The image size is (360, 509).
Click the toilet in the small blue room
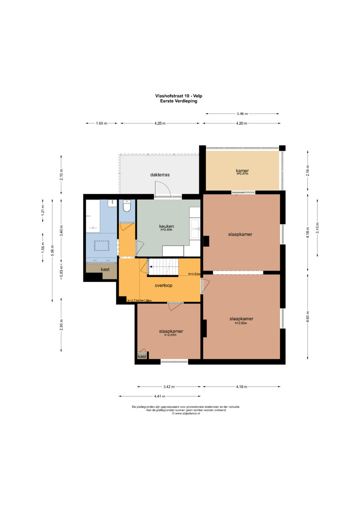[x=127, y=206]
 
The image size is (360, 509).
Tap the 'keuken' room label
[x=166, y=226]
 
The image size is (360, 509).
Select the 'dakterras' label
[x=160, y=175]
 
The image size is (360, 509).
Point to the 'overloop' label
[x=163, y=285]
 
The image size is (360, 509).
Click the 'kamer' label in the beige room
[x=242, y=170]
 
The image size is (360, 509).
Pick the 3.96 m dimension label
[x=242, y=114]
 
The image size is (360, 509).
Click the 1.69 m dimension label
[x=101, y=123]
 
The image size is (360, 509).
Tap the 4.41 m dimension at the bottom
[x=160, y=396]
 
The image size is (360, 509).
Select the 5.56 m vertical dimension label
[x=52, y=250]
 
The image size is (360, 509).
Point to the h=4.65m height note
[x=194, y=274]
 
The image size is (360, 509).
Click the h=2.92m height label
[x=241, y=323]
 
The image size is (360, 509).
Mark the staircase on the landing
[x=163, y=267]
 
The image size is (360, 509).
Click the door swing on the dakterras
[x=163, y=188]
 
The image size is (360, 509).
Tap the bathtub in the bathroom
[x=93, y=216]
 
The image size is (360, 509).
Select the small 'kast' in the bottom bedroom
[x=142, y=356]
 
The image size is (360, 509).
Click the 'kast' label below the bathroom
[x=105, y=269]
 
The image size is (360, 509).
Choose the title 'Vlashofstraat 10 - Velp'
[x=179, y=96]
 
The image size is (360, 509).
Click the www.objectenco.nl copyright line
[x=186, y=414]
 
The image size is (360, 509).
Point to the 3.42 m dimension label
[x=169, y=387]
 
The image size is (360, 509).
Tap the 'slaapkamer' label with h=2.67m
[x=171, y=331]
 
